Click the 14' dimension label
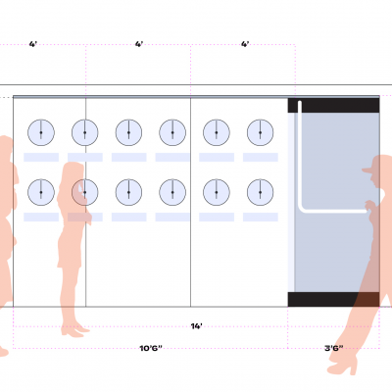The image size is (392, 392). [196, 326]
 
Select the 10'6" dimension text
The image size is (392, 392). [151, 348]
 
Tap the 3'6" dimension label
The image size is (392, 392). [334, 348]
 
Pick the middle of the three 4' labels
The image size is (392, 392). [139, 44]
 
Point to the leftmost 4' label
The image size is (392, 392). [33, 44]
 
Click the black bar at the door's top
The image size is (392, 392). [333, 105]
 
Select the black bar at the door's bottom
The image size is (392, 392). [333, 299]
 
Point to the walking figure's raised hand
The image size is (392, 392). [369, 206]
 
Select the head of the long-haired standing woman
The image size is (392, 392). [73, 173]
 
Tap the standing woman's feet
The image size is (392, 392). [73, 330]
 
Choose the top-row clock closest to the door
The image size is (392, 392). [260, 132]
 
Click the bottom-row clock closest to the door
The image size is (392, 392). [260, 192]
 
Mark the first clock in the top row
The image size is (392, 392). [41, 132]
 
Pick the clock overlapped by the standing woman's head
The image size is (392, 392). [85, 192]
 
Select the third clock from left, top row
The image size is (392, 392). [128, 132]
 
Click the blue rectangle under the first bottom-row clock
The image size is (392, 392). [41, 217]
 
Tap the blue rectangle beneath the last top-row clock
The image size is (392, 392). [261, 157]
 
